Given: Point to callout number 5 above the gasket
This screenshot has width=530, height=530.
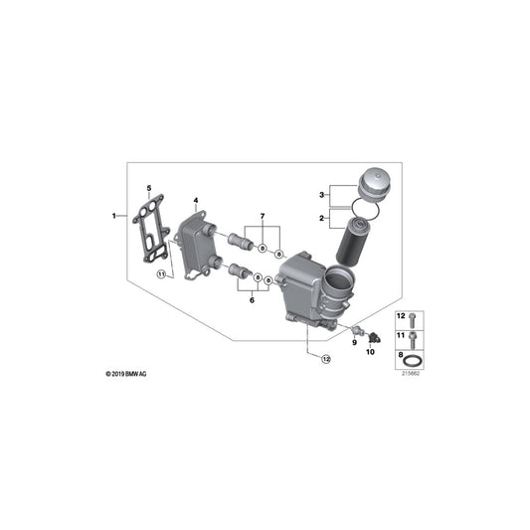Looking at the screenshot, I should tap(149, 186).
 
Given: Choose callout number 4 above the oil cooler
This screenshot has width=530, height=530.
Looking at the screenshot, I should tap(197, 201).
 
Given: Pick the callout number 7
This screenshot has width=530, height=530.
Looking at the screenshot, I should tap(263, 216).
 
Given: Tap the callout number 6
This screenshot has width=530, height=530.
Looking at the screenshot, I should tap(253, 298).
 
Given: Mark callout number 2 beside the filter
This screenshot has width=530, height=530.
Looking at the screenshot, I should tap(322, 216).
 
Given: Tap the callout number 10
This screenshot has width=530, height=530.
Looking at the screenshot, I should tap(371, 351).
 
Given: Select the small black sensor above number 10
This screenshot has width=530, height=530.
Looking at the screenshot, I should tap(369, 332).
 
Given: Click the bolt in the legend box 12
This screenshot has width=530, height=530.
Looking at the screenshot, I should tap(416, 319).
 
